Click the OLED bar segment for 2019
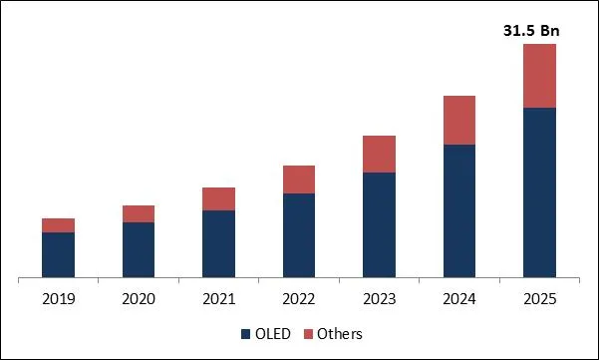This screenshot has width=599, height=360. click(x=58, y=254)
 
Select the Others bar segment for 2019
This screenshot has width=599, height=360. click(x=58, y=225)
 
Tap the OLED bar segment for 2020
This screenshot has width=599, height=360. click(x=139, y=249)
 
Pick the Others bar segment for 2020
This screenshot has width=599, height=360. click(x=139, y=213)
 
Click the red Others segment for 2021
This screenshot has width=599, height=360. click(x=218, y=198)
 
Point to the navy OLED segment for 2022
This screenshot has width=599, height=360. click(x=299, y=234)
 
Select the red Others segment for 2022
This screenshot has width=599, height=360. click(x=299, y=180)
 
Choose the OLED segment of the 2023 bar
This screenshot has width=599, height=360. click(x=379, y=224)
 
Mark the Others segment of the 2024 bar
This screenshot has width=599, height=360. click(x=459, y=120)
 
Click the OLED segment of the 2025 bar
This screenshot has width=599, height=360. click(x=539, y=191)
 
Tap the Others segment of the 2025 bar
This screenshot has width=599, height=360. click(x=539, y=76)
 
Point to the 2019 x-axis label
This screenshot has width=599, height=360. click(x=58, y=298)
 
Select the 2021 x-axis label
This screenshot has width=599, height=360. click(x=218, y=298)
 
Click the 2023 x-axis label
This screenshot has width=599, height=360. click(x=379, y=298)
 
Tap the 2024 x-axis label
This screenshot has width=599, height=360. click(x=459, y=298)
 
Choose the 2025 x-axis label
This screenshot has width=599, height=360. click(x=539, y=298)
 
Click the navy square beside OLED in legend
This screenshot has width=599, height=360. click(x=245, y=334)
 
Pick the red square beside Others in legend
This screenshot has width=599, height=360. click(x=309, y=334)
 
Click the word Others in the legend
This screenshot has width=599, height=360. click(x=341, y=334)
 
